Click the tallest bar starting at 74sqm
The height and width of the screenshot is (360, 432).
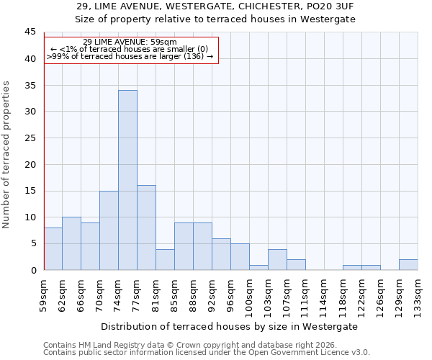[127, 180]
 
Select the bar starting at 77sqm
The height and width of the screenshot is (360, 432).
[146, 228]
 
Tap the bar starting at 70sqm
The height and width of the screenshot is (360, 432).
[109, 230]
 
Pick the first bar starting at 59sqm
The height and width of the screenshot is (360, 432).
[53, 248]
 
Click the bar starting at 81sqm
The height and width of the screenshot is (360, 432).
[165, 259]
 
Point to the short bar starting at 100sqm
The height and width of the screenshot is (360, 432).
[258, 267]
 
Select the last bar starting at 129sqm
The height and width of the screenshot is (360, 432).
[408, 264]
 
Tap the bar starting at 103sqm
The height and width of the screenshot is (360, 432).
[277, 259]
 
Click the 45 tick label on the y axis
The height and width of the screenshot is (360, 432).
[30, 32]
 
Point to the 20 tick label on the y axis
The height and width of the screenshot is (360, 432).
[30, 164]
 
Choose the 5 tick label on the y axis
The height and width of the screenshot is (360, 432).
[32, 243]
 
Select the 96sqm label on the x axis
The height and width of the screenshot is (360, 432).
[231, 294]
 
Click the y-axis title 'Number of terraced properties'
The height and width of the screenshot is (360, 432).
[6, 154]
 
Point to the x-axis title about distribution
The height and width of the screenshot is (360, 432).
[229, 326]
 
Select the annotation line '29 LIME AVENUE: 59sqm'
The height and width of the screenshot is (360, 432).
[130, 42]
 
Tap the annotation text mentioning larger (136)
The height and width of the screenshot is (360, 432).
[130, 56]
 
